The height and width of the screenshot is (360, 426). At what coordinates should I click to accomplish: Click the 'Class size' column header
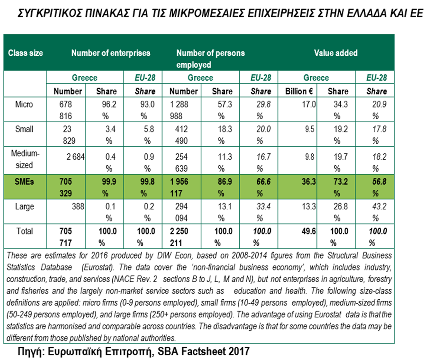pos(26,53)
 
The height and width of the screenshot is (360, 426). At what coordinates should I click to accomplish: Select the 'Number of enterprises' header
pos(110,53)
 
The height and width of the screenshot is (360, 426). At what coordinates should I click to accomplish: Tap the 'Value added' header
pos(335,53)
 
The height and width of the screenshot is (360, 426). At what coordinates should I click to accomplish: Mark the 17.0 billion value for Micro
pos(310,105)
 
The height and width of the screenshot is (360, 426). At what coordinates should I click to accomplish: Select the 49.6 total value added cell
pos(310,231)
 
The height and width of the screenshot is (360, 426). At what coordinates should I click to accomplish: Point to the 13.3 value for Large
pos(310,207)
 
